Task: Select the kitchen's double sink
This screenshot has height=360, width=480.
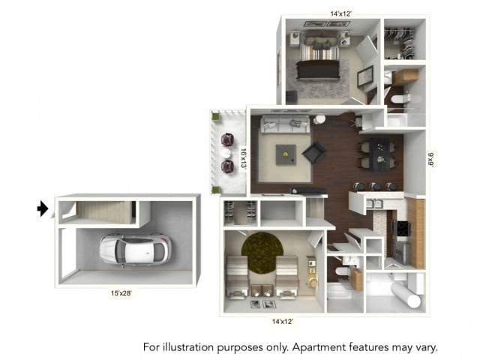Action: (375, 202)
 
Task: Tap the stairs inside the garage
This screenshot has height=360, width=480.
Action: (100, 211)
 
